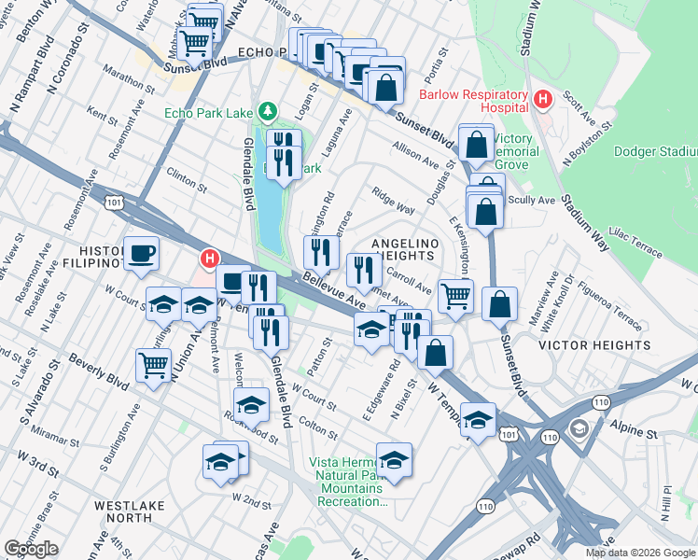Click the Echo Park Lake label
[208, 113]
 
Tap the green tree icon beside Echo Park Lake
[268, 112]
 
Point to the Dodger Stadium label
[656, 151]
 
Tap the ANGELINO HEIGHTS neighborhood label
[403, 249]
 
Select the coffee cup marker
[141, 253]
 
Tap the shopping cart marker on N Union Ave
[154, 364]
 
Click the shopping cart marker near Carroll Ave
[454, 297]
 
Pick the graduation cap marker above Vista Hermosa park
[394, 459]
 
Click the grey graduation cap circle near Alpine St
[578, 428]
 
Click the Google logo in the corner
[31, 548]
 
